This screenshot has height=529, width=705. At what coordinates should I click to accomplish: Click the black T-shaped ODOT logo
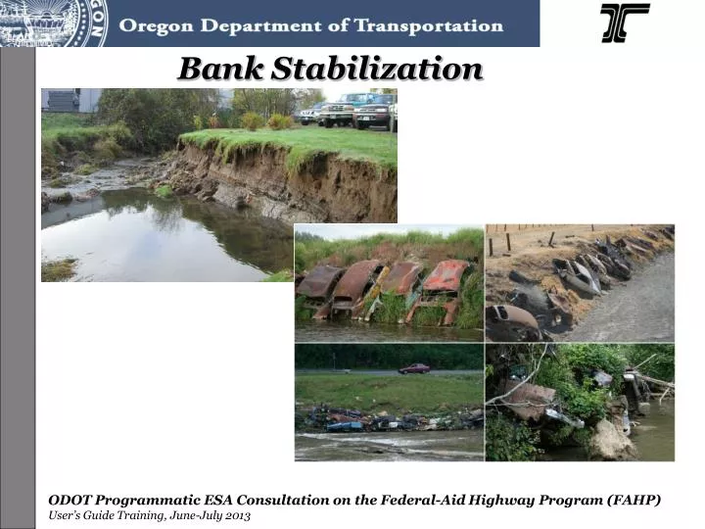(x=624, y=23)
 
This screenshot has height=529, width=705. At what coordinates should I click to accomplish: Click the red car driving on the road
(x=413, y=368)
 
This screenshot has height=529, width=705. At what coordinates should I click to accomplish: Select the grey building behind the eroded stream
(x=61, y=100)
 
